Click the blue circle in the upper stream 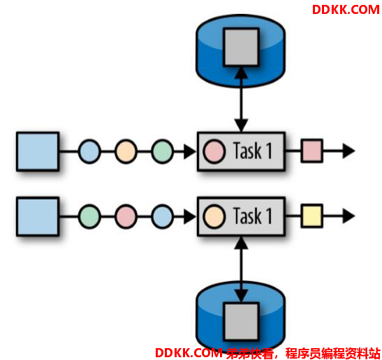tap(89, 151)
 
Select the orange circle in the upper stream tap(126, 151)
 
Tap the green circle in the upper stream tap(162, 151)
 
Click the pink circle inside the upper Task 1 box tap(214, 151)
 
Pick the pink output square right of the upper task tap(312, 151)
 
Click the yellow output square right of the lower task tap(312, 216)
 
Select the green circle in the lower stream tap(89, 216)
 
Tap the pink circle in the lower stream tap(126, 216)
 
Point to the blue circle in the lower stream tap(162, 216)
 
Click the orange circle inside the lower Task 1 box tap(214, 216)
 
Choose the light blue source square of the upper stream tap(38, 151)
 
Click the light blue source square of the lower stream tap(38, 216)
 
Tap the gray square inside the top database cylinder tap(241, 47)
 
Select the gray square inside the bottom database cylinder tap(241, 322)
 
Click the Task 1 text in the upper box tap(252, 151)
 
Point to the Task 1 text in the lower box tap(252, 216)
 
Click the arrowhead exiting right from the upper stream tap(348, 151)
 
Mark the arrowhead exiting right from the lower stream tap(348, 216)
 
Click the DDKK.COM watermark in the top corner tap(346, 10)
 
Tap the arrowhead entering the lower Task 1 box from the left tap(189, 216)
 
